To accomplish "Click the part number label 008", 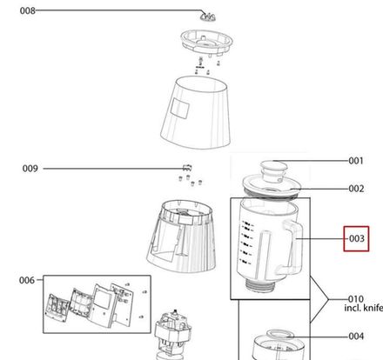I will click(28, 11).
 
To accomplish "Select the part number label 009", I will click(30, 168).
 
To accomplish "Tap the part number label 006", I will click(27, 280).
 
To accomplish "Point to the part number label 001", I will click(355, 161).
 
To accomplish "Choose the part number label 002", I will click(356, 189).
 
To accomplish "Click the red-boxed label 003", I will click(356, 238).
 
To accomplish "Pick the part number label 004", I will click(356, 336).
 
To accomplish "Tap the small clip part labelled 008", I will click(207, 15).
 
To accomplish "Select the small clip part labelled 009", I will click(185, 167).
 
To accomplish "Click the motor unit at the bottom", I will click(178, 335).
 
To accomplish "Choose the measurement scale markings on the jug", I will click(249, 243).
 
